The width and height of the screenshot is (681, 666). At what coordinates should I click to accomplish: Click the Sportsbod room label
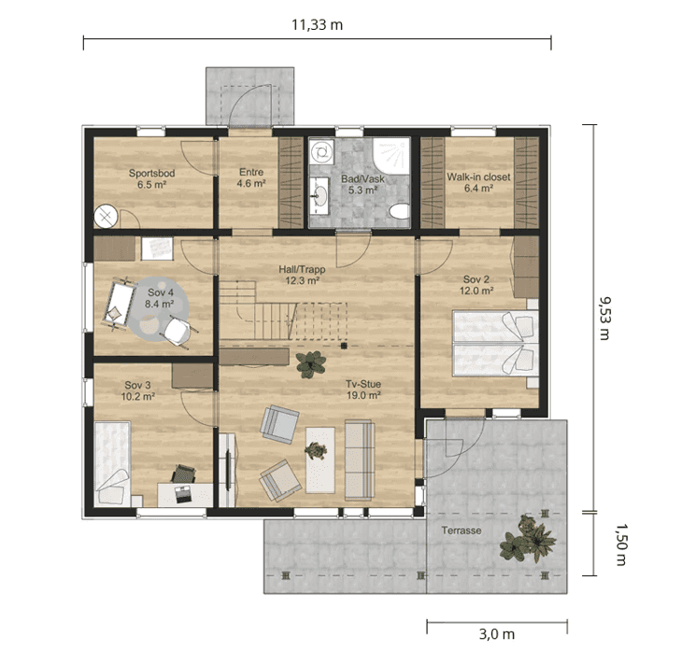(x=151, y=173)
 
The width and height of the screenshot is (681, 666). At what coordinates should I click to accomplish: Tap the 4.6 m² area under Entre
(x=251, y=184)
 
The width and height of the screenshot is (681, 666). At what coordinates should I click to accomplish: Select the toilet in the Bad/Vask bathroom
(x=400, y=212)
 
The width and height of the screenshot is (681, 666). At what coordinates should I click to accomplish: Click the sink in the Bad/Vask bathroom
(x=320, y=196)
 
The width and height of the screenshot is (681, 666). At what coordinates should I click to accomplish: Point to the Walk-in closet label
(x=478, y=177)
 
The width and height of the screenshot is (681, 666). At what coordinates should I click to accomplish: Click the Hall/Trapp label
(x=302, y=269)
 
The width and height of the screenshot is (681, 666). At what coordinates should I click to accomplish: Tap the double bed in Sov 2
(x=495, y=343)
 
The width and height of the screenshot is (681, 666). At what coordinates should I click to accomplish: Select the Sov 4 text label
(x=161, y=292)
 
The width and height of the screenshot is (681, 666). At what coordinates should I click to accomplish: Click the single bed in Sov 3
(x=112, y=463)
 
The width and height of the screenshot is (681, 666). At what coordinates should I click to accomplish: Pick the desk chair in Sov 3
(x=184, y=474)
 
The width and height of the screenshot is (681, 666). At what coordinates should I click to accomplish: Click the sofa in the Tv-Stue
(x=360, y=460)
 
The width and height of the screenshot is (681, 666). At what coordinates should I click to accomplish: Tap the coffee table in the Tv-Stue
(x=320, y=461)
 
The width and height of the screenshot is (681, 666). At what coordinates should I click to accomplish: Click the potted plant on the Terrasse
(x=527, y=539)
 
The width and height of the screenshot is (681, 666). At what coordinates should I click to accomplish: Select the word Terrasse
(x=461, y=531)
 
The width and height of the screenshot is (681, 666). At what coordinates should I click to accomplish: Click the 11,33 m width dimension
(x=317, y=25)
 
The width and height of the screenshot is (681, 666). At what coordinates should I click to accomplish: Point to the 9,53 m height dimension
(x=604, y=319)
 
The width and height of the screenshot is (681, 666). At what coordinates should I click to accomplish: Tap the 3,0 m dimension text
(x=497, y=634)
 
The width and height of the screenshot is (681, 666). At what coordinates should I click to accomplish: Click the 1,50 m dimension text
(x=621, y=545)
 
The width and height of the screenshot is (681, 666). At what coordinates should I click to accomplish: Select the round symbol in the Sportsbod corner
(x=106, y=216)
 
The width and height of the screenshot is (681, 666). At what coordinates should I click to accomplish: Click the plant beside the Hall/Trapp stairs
(x=311, y=364)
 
